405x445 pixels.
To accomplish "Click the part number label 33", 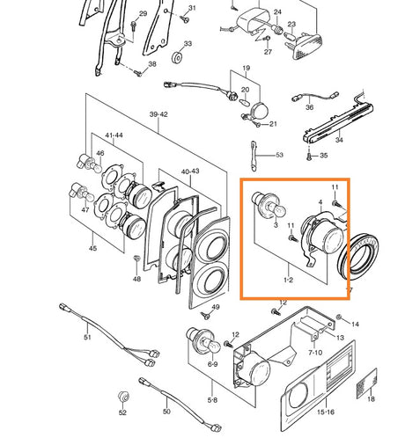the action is pos(188,44).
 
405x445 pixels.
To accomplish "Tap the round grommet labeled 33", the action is pos(177,57).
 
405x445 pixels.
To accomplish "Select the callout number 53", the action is pos(279,155).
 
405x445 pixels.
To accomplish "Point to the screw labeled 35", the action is pos(309,157).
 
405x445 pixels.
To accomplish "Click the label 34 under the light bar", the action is pos(339,140).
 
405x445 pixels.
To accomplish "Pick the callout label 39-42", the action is pos(158,114).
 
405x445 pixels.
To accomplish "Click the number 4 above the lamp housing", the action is pos(320,202).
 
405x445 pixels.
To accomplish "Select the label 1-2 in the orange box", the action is pos(289,280).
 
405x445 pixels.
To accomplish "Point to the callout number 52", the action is pos(122,412).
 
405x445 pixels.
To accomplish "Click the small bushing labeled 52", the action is pos(123,397).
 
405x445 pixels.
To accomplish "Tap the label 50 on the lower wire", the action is pos(166,412).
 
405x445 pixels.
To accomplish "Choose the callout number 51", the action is pos(87,337).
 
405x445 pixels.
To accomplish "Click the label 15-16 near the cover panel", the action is pos(326,412).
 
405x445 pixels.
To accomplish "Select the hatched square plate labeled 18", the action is pos(366,383).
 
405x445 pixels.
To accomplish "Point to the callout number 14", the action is pos(355,325).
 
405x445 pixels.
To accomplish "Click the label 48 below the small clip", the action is pos(136,279).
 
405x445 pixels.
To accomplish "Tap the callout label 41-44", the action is pos(114,135).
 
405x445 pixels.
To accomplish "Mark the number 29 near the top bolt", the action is pos(143,14).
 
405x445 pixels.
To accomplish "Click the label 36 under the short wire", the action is pos(309,107).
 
